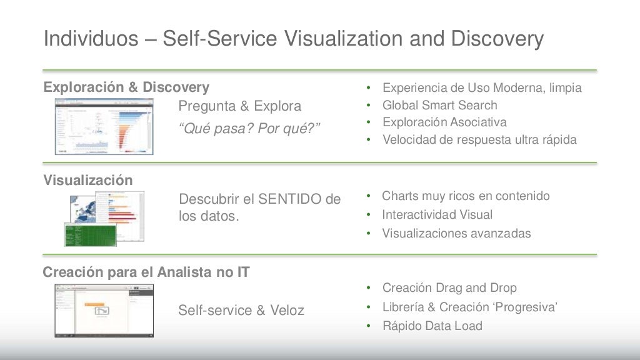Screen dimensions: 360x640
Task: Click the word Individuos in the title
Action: [x=91, y=39]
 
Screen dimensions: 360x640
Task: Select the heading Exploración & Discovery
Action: [x=126, y=87]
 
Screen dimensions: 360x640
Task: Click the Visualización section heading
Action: [x=88, y=181]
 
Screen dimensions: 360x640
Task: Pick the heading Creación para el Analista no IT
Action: [x=146, y=272]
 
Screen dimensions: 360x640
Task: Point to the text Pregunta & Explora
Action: [x=239, y=106]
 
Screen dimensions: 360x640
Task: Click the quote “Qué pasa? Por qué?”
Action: [x=249, y=129]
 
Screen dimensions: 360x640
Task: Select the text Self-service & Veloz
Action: [x=241, y=310]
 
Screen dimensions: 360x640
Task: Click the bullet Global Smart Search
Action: [x=439, y=105]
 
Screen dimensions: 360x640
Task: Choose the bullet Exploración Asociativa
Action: [x=444, y=122]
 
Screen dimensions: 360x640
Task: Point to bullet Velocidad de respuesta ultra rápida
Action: [x=479, y=139]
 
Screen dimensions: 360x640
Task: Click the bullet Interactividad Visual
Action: [x=437, y=214]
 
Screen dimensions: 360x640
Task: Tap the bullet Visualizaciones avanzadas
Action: [x=456, y=233]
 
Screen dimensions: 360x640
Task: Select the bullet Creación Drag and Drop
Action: [x=449, y=287]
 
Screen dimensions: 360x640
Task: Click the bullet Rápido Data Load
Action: [x=432, y=326]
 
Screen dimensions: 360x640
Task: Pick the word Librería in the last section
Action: [x=404, y=307]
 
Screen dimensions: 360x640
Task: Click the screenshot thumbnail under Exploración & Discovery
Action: [x=104, y=127]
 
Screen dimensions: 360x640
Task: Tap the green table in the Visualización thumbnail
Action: [x=90, y=234]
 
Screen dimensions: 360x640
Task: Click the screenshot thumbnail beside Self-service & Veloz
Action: [x=104, y=311]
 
